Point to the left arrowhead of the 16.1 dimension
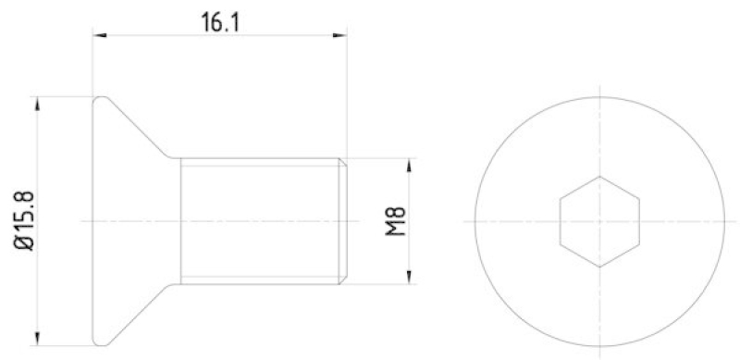click(x=99, y=37)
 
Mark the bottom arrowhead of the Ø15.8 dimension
click(x=37, y=340)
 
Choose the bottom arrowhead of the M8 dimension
click(x=408, y=279)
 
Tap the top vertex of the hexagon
click(x=599, y=177)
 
